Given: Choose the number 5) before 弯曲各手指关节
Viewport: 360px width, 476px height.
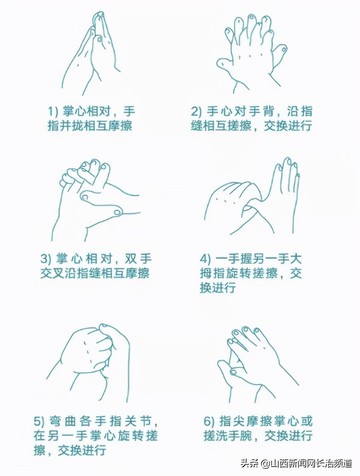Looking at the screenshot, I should coord(39,422).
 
